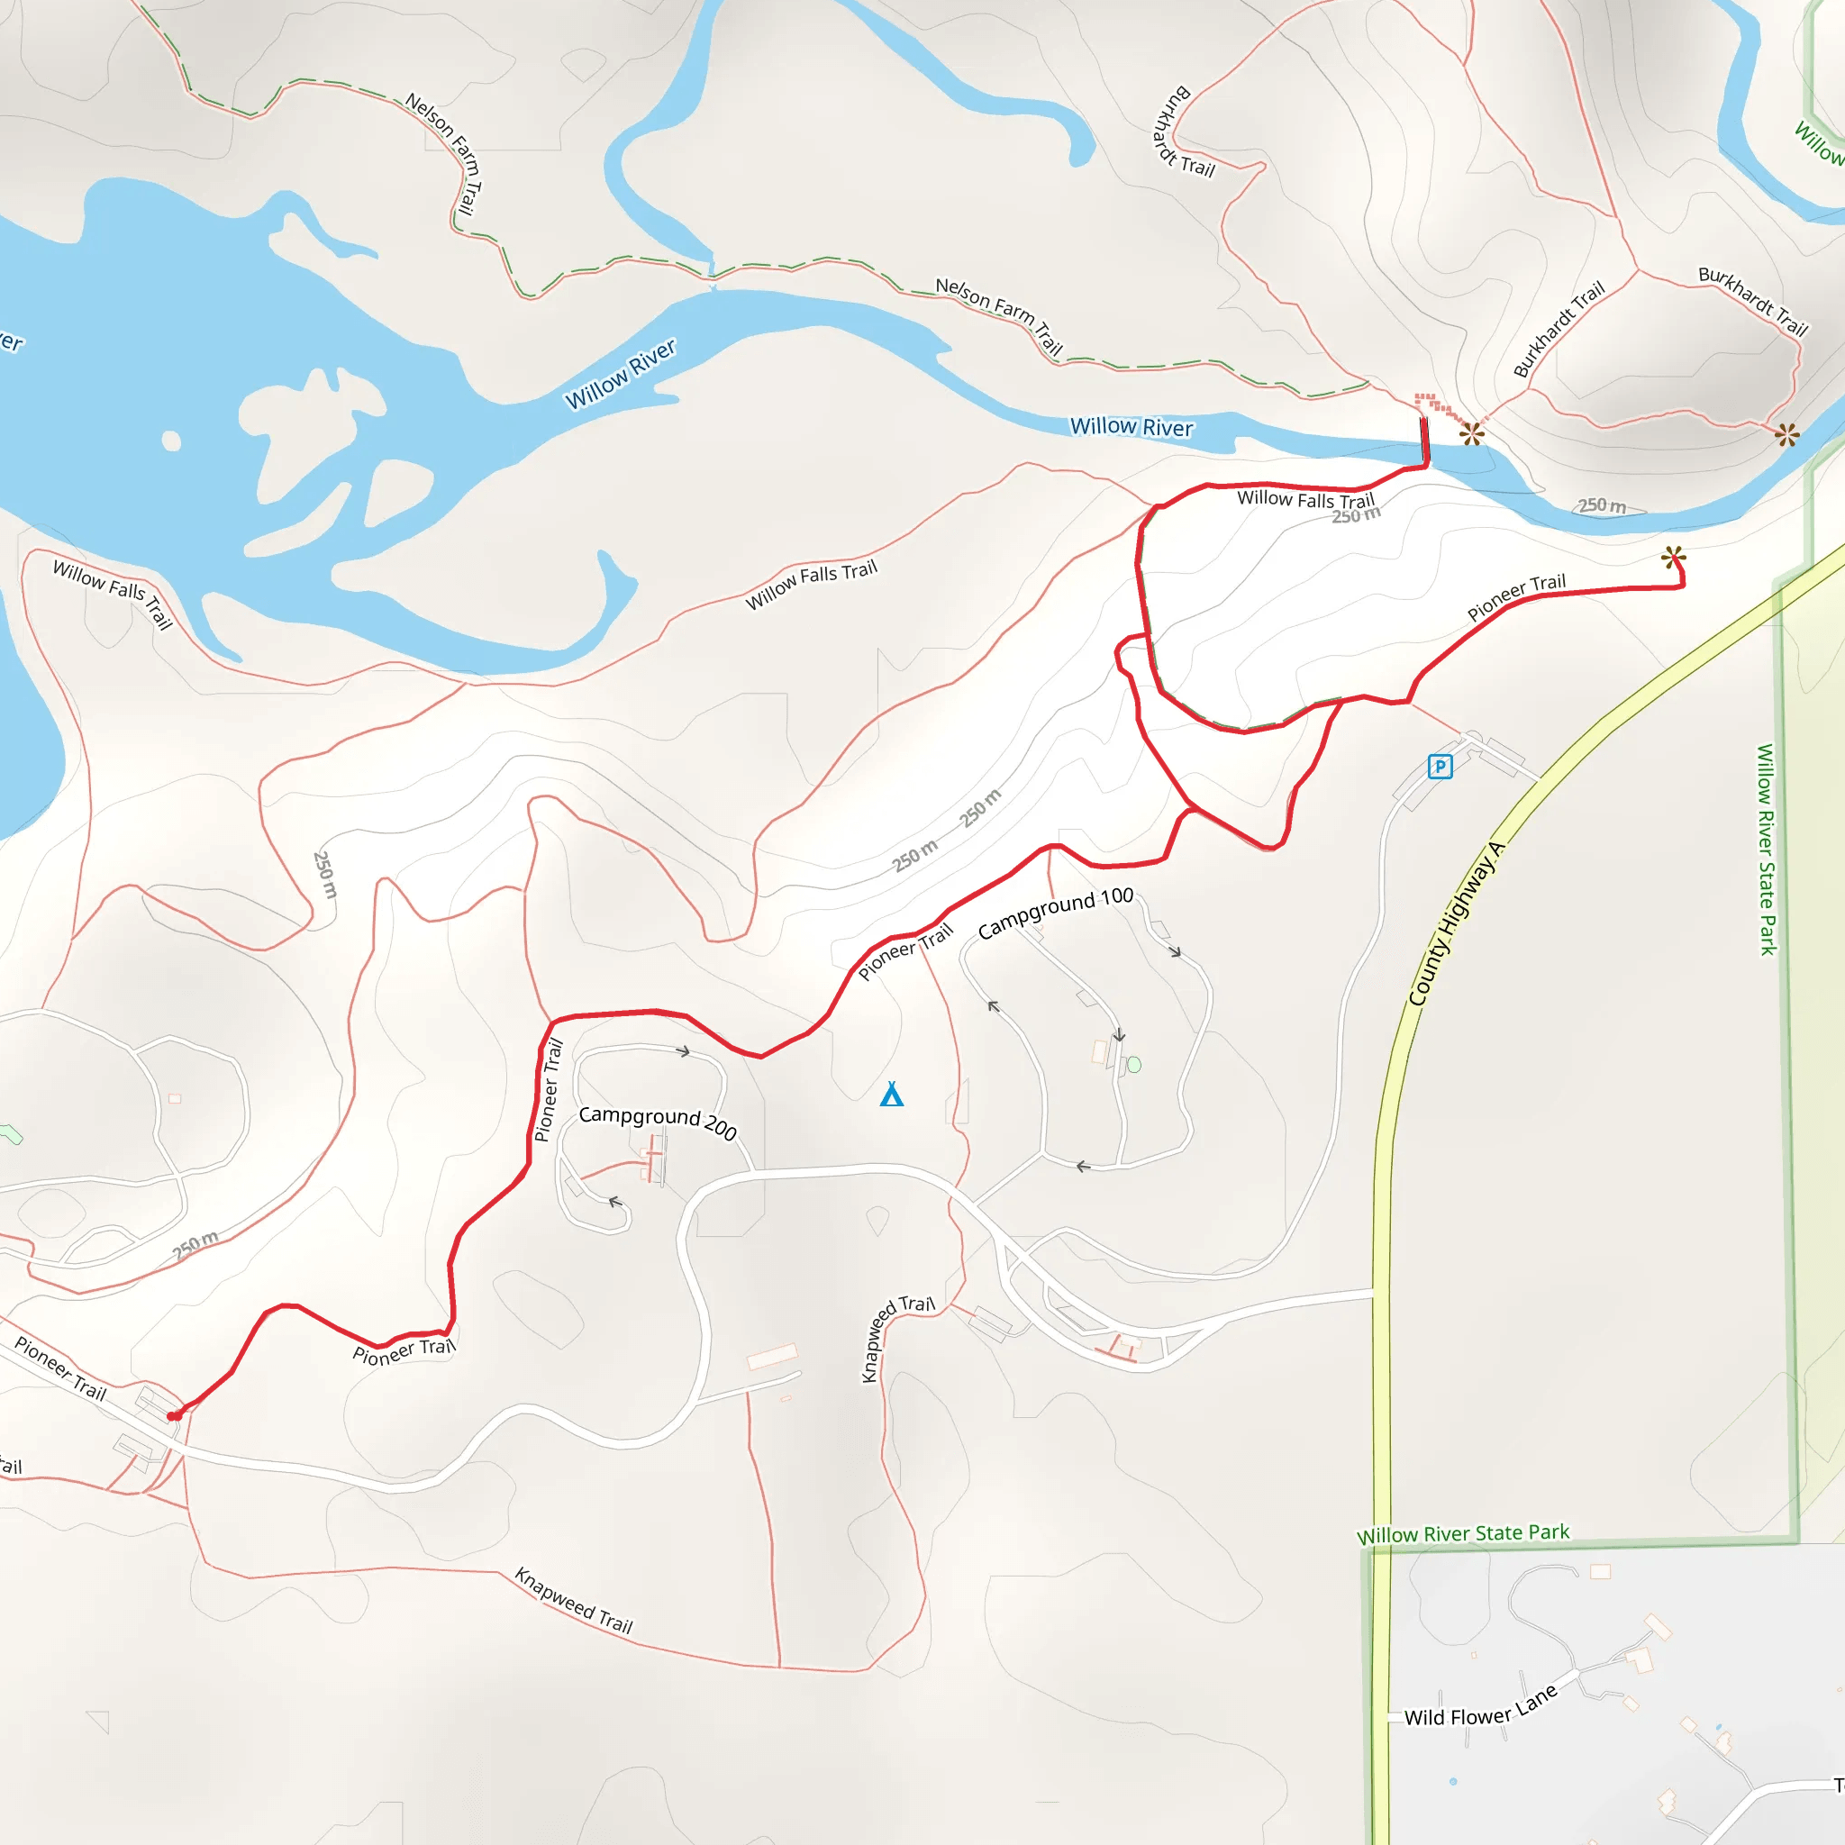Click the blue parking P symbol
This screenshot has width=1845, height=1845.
pos(1441,766)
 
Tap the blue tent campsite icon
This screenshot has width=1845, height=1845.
pos(892,1094)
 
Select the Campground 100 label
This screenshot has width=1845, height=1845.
pos(1055,912)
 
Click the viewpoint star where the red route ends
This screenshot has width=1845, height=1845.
pos(1673,557)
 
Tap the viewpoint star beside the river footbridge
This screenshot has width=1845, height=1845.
pos(1472,434)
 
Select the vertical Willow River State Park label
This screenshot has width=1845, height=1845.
pos(1767,849)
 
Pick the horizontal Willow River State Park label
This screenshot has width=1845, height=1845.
pos(1463,1533)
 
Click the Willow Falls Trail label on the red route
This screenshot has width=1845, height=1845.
pos(1305,499)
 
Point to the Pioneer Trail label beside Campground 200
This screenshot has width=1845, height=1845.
pos(548,1090)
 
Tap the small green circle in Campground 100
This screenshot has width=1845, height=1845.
pos(1134,1065)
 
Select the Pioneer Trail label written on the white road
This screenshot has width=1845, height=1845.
pos(60,1368)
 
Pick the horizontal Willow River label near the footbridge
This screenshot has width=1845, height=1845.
pos(1131,427)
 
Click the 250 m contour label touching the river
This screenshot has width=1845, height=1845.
pos(1602,505)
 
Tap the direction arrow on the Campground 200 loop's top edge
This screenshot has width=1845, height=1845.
pos(684,1051)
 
